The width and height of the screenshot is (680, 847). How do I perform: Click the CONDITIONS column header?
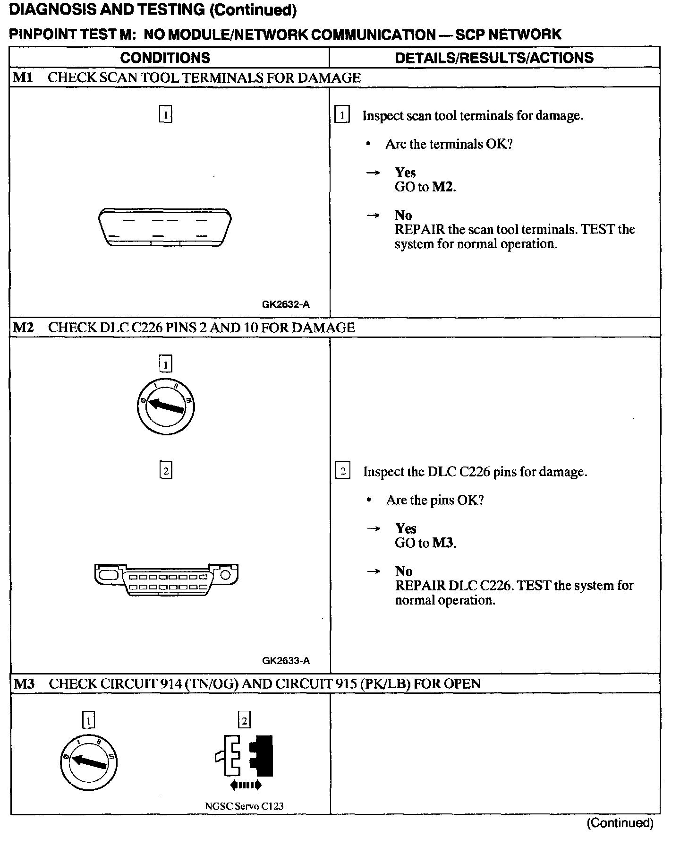click(x=165, y=58)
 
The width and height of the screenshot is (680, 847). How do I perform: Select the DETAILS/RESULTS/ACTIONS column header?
click(x=494, y=58)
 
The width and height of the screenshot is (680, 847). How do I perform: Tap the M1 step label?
click(x=23, y=78)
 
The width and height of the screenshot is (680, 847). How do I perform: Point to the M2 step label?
click(x=23, y=328)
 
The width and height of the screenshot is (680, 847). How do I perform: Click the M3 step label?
click(x=24, y=683)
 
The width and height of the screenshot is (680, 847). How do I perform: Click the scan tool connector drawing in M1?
click(x=165, y=226)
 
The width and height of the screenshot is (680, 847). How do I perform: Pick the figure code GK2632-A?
click(x=286, y=304)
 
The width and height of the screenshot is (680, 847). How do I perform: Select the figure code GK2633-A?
click(x=286, y=661)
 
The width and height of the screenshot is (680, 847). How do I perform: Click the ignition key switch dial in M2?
click(x=165, y=406)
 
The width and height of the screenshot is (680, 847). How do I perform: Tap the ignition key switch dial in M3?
click(x=89, y=762)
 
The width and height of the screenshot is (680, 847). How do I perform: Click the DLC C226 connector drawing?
click(x=166, y=579)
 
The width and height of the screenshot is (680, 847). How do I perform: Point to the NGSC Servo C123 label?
click(x=244, y=806)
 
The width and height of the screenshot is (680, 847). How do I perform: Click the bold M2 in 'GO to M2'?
click(x=443, y=187)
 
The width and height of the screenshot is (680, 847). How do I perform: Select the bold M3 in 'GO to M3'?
click(x=443, y=543)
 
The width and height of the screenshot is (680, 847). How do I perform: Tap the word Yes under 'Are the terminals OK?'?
click(x=405, y=173)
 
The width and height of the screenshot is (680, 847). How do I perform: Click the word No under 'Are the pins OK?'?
click(x=404, y=571)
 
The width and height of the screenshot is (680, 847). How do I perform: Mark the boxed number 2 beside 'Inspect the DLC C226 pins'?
click(x=342, y=471)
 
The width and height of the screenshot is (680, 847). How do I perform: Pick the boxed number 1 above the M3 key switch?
click(x=88, y=720)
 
